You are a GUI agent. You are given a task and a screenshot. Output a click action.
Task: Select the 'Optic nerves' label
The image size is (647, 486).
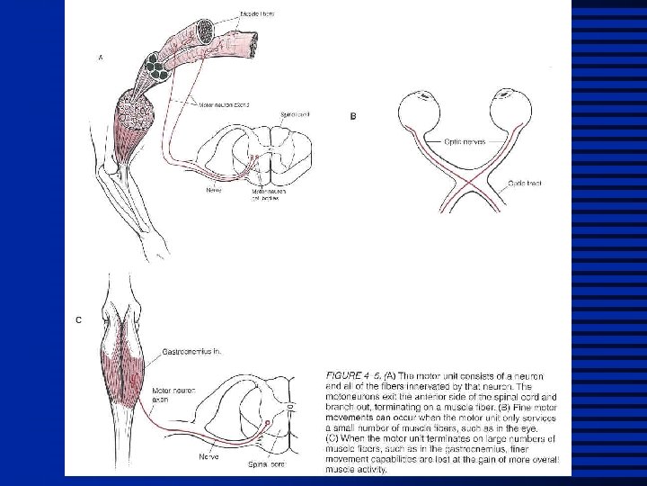click(464, 142)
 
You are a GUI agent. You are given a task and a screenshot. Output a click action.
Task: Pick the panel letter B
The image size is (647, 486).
click(352, 116)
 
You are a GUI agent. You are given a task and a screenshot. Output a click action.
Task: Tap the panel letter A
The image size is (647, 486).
click(100, 58)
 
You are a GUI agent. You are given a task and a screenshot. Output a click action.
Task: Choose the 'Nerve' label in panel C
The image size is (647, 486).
click(209, 456)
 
